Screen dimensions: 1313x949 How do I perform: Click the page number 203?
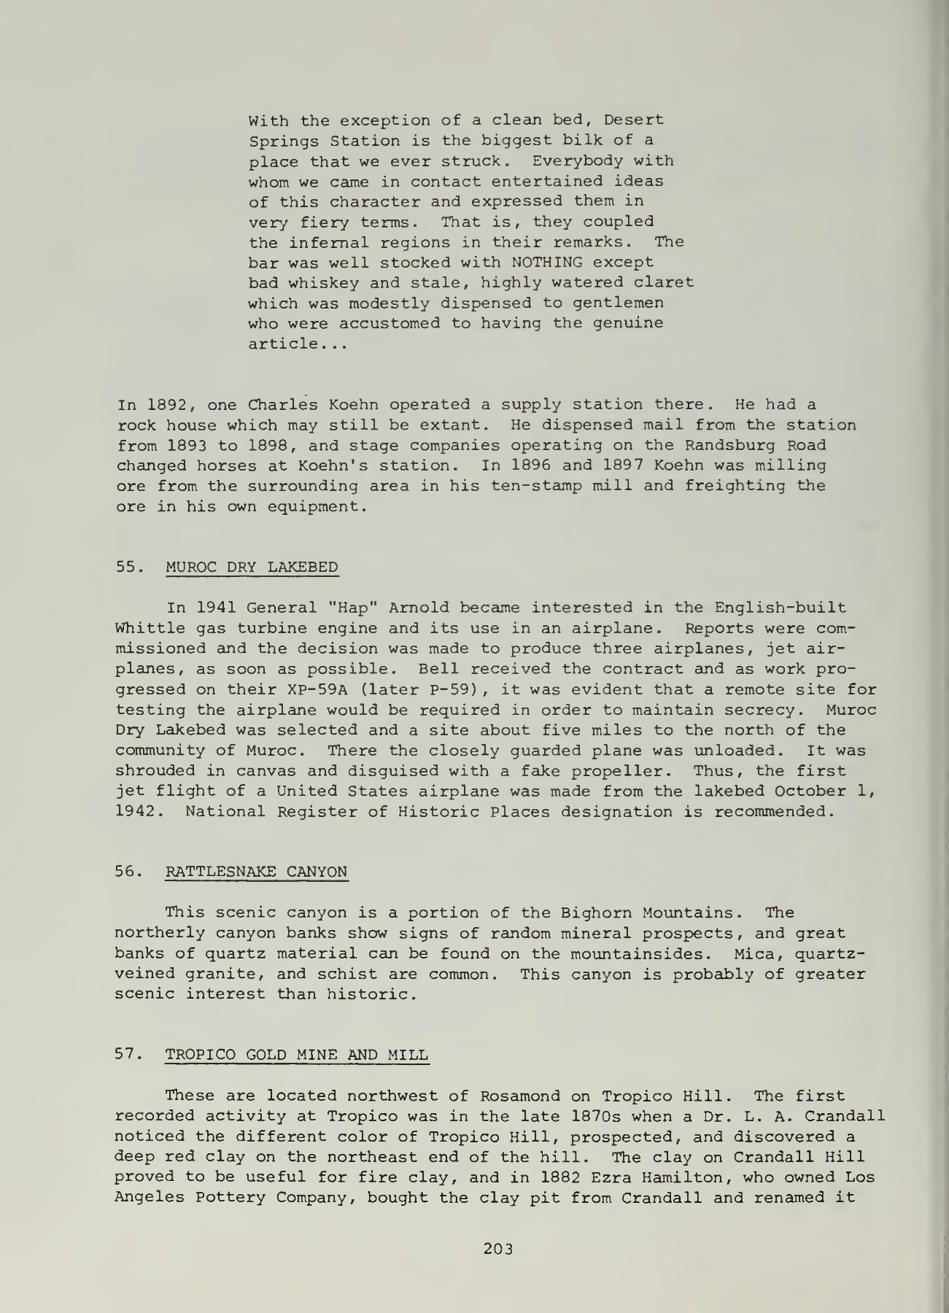coord(499,1248)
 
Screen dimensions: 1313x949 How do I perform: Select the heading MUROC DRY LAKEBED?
coord(252,567)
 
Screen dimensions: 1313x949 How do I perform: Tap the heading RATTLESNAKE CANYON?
coord(257,872)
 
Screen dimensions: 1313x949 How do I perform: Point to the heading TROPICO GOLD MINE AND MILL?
coord(297,1055)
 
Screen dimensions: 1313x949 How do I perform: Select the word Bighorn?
coord(597,913)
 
